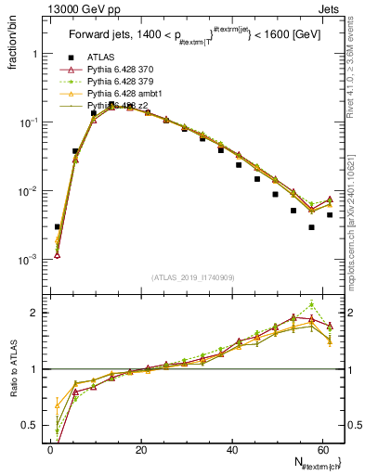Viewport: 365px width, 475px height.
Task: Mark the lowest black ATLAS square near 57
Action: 311,227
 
